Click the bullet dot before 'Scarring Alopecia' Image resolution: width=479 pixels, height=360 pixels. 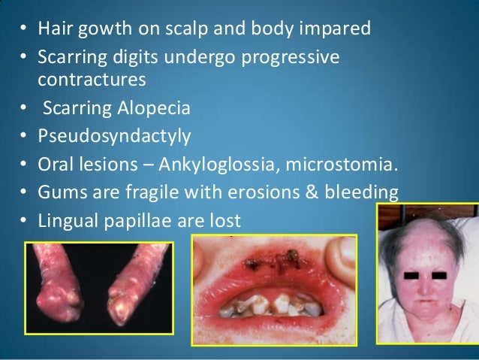23,108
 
